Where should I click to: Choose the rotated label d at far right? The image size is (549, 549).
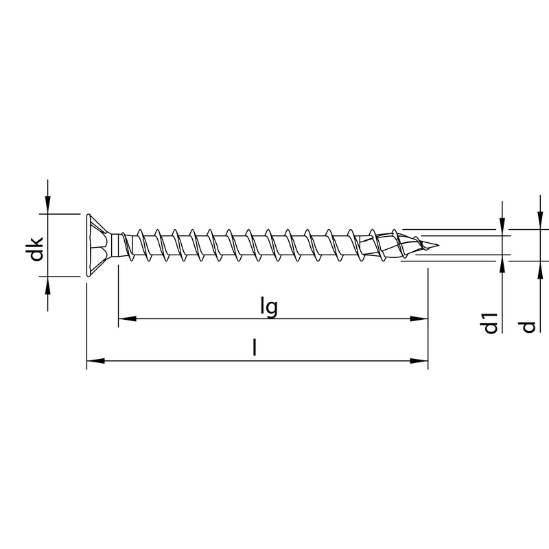tap(528, 326)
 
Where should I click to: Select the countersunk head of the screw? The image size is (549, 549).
tap(97, 246)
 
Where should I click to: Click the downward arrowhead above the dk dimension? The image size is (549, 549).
tap(47, 205)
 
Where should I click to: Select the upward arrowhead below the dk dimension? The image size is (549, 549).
tap(47, 285)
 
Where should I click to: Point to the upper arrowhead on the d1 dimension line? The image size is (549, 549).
tap(503, 227)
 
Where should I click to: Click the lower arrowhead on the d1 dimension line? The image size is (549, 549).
tap(503, 264)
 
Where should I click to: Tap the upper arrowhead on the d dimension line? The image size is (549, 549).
tap(539, 220)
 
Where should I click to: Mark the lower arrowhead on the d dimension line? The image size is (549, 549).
tap(539, 270)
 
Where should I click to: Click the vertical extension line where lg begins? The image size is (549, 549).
tap(118, 295)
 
